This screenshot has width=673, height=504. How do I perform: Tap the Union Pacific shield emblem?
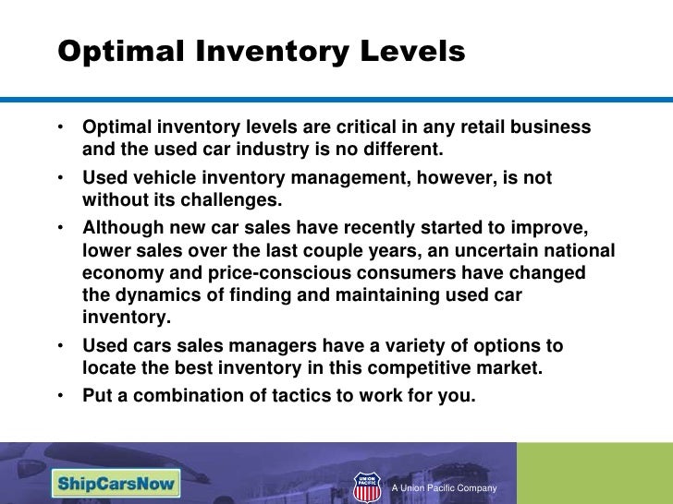(x=367, y=486)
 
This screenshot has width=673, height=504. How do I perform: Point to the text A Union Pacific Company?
(x=445, y=487)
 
